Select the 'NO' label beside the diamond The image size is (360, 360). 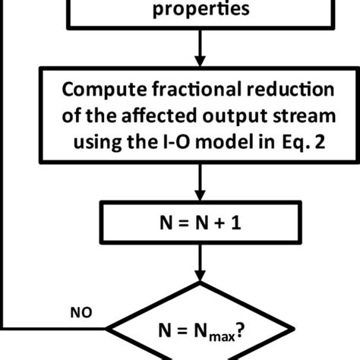(80, 311)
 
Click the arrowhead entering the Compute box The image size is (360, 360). (201, 64)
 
